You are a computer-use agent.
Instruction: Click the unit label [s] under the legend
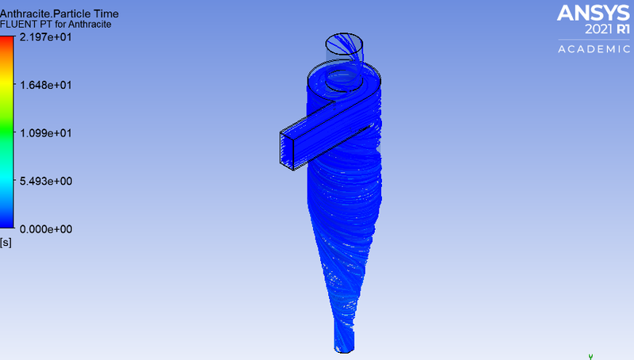(6, 242)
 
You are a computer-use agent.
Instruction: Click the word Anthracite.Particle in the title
(40, 12)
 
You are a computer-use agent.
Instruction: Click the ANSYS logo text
(592, 13)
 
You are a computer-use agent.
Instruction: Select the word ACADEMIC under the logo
(592, 49)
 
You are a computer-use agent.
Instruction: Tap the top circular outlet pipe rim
(344, 40)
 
